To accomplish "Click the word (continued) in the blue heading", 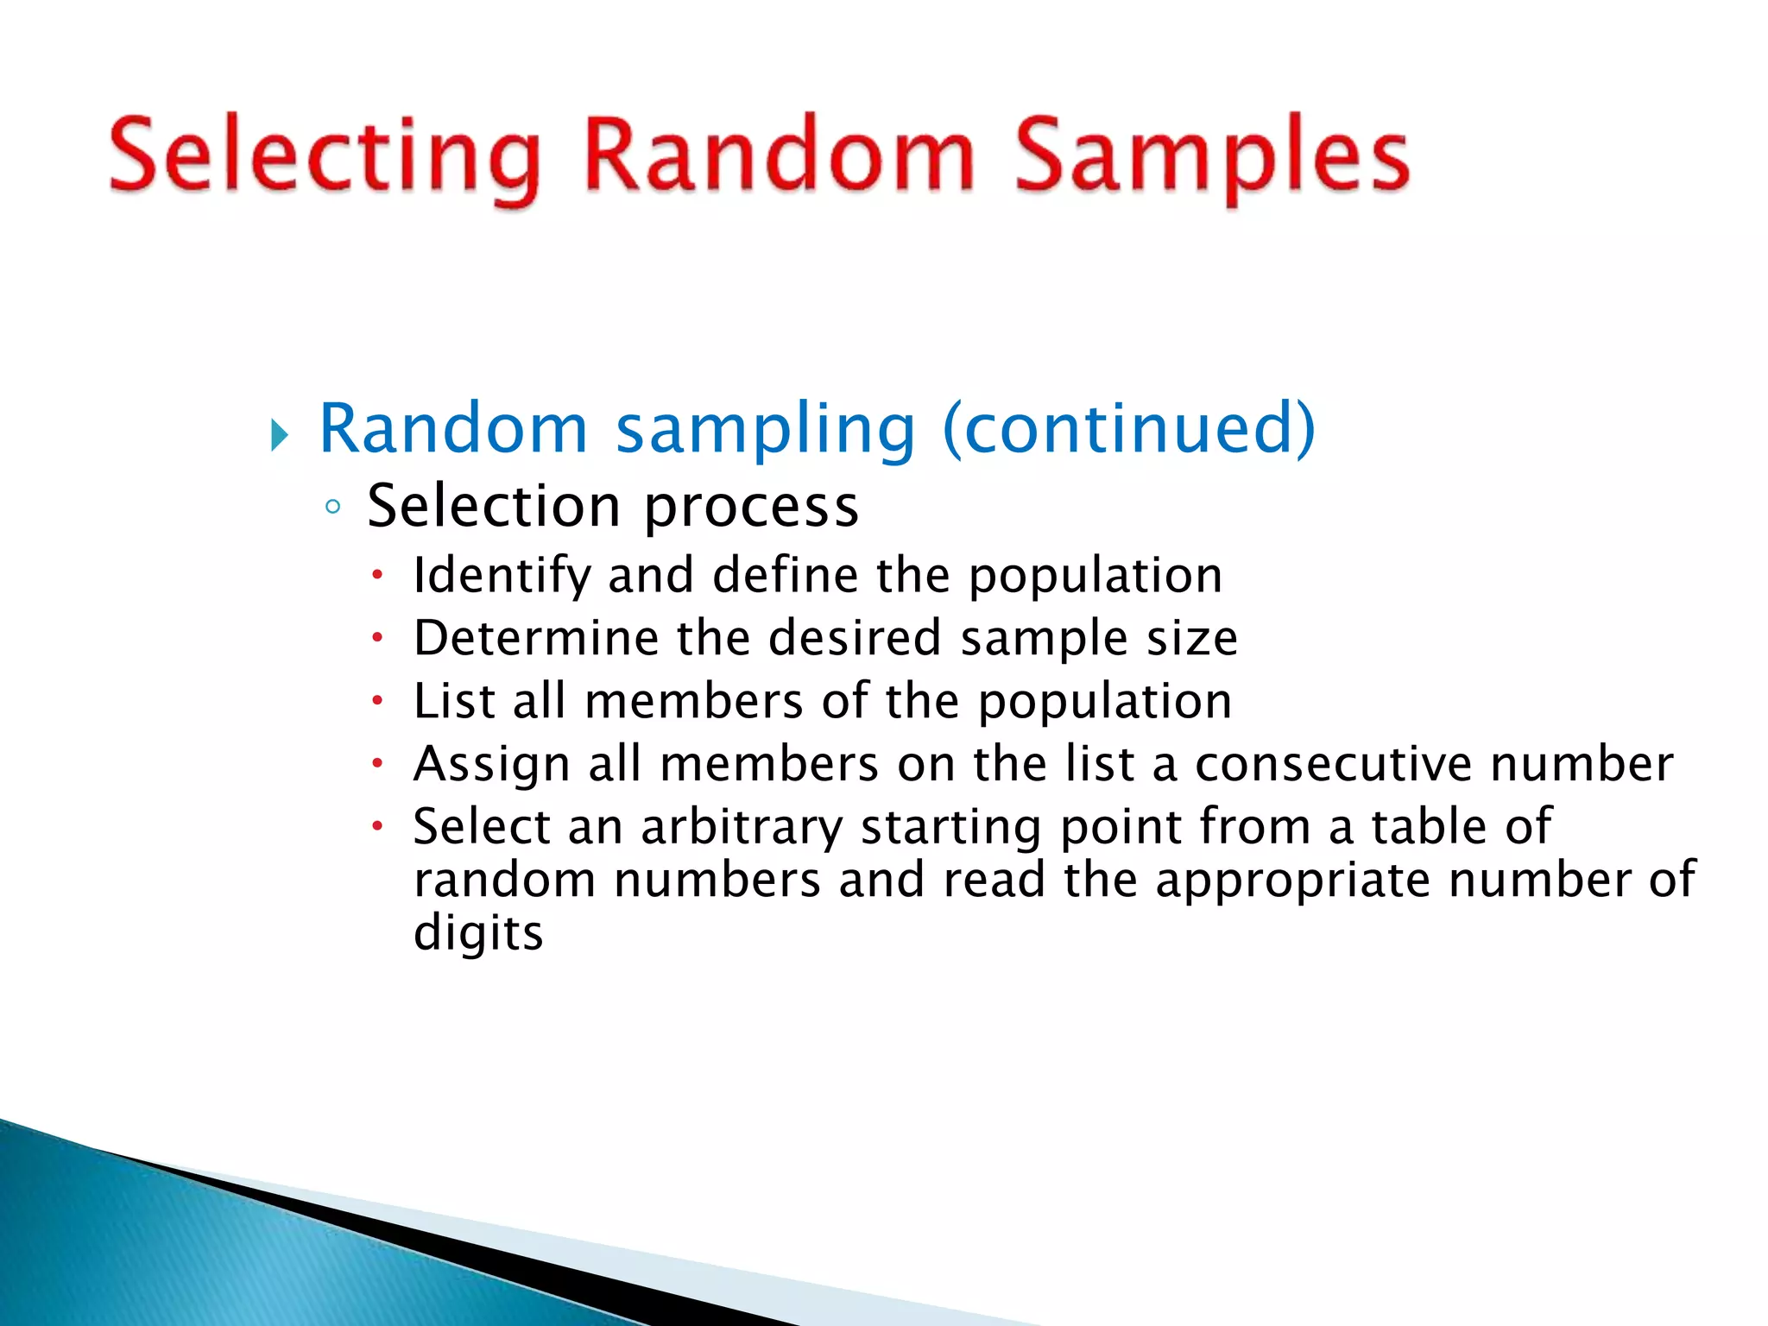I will [x=1129, y=428].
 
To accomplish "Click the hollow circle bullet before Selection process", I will [x=333, y=507].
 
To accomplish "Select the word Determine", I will [x=535, y=638].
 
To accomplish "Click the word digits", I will [x=478, y=934].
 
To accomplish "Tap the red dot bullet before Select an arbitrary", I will [x=377, y=826].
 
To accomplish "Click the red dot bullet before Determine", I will [x=377, y=639].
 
